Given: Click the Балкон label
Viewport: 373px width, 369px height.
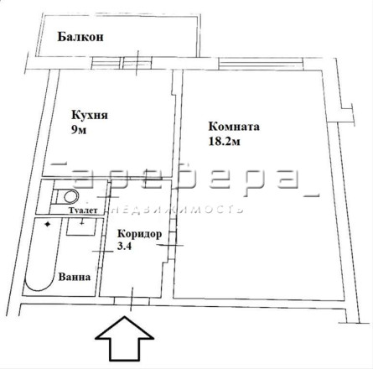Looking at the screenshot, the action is click(80, 37).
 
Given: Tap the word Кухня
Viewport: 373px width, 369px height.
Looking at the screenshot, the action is click(90, 115).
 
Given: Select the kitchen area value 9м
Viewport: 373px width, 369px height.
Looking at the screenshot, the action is click(79, 130).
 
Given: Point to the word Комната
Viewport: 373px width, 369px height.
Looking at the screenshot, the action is click(234, 127).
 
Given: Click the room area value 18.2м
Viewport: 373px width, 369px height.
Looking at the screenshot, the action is click(224, 142).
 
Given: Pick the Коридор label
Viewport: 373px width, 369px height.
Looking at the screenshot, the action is click(139, 234).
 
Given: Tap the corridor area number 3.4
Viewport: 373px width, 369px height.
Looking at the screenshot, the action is click(124, 247).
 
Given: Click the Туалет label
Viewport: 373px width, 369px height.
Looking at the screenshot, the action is click(83, 210).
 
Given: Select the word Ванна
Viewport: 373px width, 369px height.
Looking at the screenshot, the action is click(75, 277).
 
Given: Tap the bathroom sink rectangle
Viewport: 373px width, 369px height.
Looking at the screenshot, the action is click(81, 227).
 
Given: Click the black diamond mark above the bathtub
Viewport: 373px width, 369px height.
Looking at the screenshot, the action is click(48, 224).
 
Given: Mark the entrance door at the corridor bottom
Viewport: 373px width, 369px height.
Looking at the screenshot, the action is click(132, 301).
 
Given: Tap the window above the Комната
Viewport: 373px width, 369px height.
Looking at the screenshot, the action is click(261, 64).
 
